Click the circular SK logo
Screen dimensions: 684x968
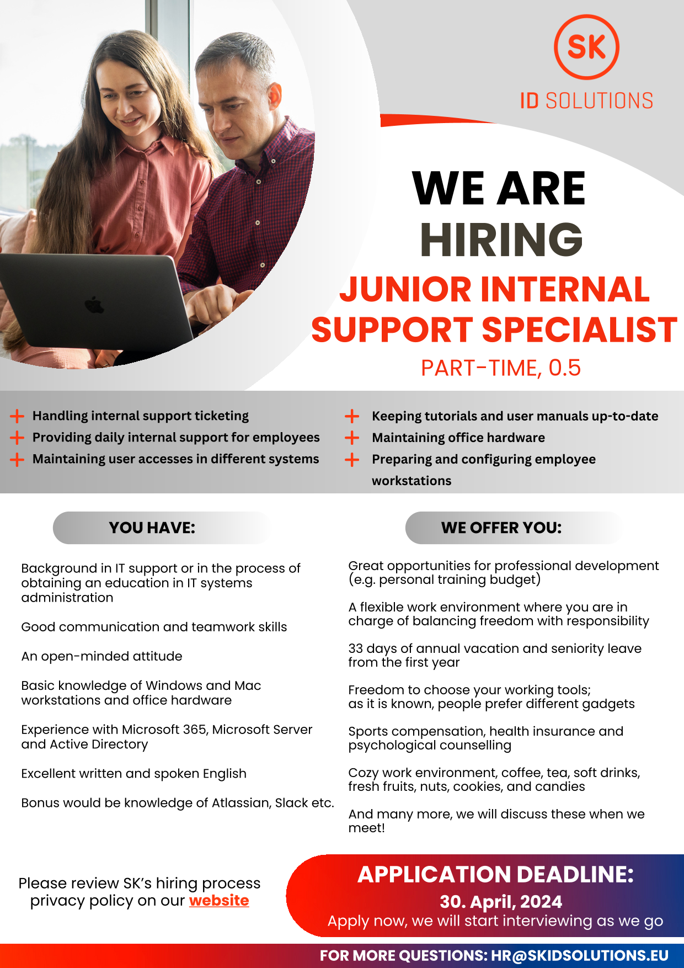point(586,47)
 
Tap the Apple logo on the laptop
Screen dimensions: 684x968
point(94,305)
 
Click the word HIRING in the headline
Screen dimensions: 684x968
point(501,239)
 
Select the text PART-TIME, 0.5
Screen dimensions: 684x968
point(501,368)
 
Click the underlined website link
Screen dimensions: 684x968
point(219,901)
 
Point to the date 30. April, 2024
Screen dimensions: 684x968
point(501,902)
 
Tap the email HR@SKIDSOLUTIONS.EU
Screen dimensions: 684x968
point(580,956)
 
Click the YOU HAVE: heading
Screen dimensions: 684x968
point(152,528)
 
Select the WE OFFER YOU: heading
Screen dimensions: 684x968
point(501,528)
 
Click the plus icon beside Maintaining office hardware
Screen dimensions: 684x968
point(352,438)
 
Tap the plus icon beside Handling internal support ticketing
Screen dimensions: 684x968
point(17,416)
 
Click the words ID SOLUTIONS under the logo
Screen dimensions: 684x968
point(586,101)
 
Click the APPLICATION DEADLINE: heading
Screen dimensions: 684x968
point(496,875)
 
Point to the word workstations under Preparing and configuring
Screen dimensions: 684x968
point(412,481)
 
